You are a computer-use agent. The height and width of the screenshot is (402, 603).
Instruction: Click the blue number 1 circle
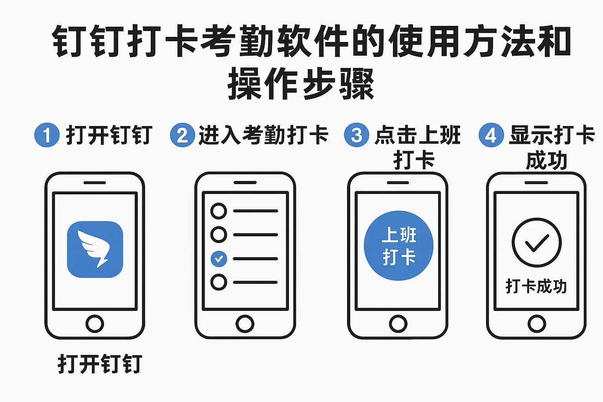pyautogui.click(x=47, y=135)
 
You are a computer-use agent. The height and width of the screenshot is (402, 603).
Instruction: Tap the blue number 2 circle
pyautogui.click(x=183, y=135)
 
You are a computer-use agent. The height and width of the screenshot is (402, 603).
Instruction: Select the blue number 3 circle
pyautogui.click(x=357, y=135)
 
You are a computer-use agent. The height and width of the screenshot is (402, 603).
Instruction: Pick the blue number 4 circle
pyautogui.click(x=491, y=135)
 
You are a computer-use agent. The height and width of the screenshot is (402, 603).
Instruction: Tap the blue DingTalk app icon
pyautogui.click(x=95, y=249)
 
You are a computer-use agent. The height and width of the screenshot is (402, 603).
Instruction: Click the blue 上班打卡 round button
pyautogui.click(x=398, y=246)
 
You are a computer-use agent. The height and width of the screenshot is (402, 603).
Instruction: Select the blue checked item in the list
pyautogui.click(x=219, y=259)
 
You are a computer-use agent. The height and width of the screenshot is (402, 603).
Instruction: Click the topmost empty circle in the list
pyautogui.click(x=219, y=211)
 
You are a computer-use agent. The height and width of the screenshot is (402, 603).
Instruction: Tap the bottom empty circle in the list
pyautogui.click(x=219, y=282)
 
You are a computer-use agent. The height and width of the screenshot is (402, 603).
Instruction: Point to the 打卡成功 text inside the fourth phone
pyautogui.click(x=537, y=286)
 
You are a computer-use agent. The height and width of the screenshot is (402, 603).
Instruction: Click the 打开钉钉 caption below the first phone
pyautogui.click(x=100, y=364)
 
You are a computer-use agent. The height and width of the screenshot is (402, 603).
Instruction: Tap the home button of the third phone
pyautogui.click(x=398, y=323)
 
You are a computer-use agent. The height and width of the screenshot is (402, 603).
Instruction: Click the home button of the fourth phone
pyautogui.click(x=537, y=323)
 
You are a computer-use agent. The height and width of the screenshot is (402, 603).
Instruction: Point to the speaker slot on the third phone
pyautogui.click(x=398, y=183)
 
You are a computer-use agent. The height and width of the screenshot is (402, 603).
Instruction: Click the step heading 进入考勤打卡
pyautogui.click(x=263, y=135)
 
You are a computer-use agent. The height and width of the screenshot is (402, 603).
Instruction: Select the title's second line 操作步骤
pyautogui.click(x=301, y=84)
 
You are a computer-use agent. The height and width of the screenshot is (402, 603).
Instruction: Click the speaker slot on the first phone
pyautogui.click(x=95, y=183)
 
